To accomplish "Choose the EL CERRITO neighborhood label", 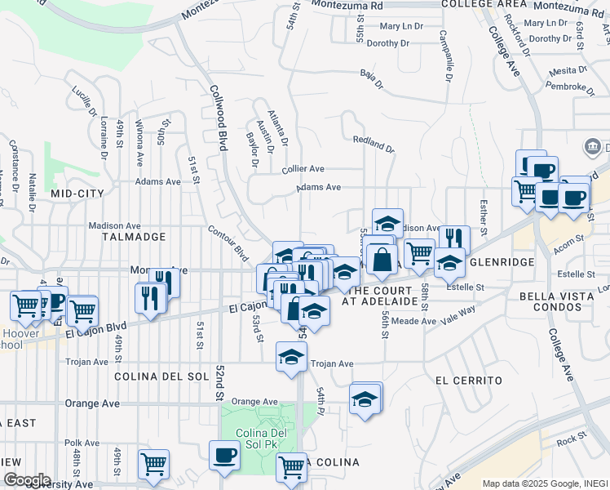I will (468, 381).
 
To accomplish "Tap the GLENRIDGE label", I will (501, 262).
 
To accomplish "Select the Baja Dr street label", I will (371, 73).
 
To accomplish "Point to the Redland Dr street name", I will (374, 145).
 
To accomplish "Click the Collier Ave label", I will (303, 169).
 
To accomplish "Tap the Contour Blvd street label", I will (228, 243).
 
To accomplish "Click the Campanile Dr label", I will (444, 57).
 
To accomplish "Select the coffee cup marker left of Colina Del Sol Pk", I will (223, 454).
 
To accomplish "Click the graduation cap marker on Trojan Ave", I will (291, 356).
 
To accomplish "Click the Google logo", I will (27, 480).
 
